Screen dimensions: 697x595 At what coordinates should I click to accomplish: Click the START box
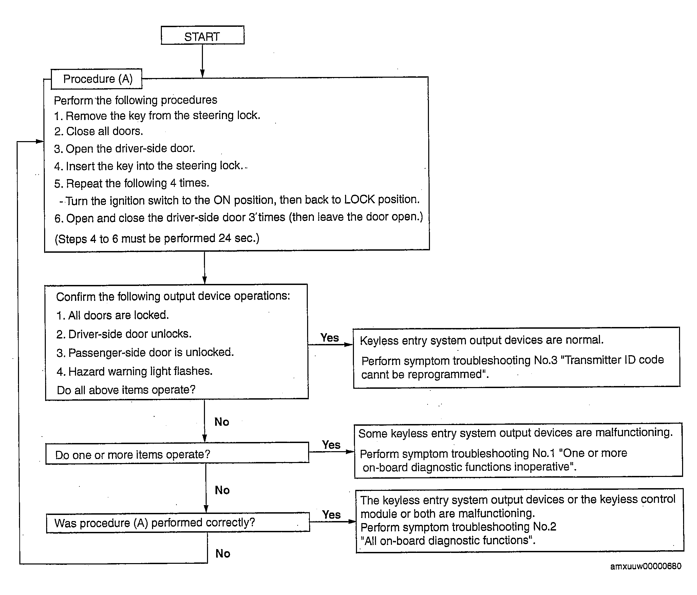[203, 35]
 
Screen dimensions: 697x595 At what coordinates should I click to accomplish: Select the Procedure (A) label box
[96, 79]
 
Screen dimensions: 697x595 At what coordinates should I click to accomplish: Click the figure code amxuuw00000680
[645, 566]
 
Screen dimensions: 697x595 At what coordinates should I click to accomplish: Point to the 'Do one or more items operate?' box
[177, 453]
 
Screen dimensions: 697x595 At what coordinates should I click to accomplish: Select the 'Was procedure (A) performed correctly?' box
[178, 522]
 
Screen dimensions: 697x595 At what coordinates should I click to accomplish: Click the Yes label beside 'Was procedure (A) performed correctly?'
[332, 515]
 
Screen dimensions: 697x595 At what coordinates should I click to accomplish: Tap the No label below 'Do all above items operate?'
[222, 422]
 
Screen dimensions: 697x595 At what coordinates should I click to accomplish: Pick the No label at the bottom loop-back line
[223, 554]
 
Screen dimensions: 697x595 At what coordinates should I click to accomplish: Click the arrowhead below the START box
[202, 73]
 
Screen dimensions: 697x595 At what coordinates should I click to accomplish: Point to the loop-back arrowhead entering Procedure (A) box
[40, 141]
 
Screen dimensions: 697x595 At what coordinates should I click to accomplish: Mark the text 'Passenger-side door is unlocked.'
[151, 352]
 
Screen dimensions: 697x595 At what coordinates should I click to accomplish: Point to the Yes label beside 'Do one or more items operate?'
[331, 445]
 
